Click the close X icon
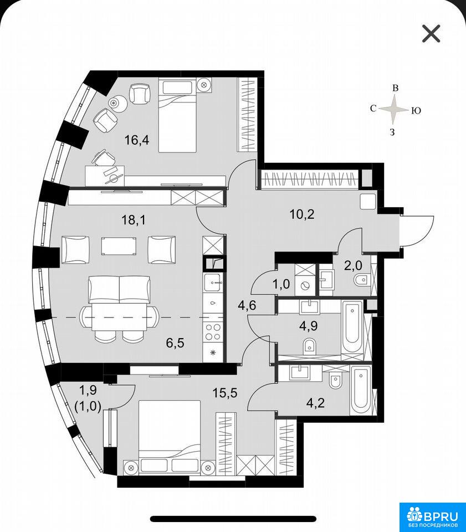pyautogui.click(x=431, y=34)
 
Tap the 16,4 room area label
pyautogui.click(x=137, y=140)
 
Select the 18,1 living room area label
pyautogui.click(x=134, y=220)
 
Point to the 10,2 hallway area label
pyautogui.click(x=302, y=214)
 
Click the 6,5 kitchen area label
pyautogui.click(x=175, y=342)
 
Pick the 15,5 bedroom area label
pyautogui.click(x=225, y=393)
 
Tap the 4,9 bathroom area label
pyautogui.click(x=308, y=326)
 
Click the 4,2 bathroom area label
pyautogui.click(x=315, y=403)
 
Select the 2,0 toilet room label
pyautogui.click(x=354, y=265)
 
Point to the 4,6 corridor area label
pyautogui.click(x=247, y=305)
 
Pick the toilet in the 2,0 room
pyautogui.click(x=361, y=280)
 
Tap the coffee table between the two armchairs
pyautogui.click(x=119, y=246)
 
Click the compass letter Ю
pyautogui.click(x=416, y=110)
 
